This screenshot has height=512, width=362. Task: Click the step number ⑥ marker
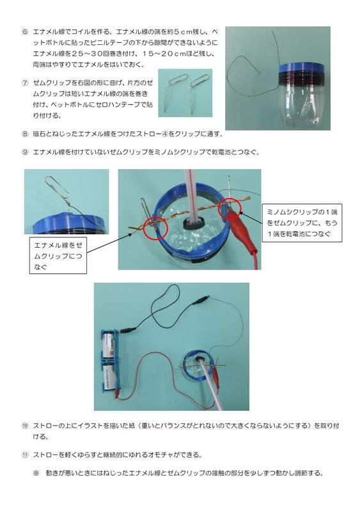point(24,31)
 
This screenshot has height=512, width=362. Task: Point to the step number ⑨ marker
point(24,152)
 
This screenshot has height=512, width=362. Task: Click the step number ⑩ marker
point(24,425)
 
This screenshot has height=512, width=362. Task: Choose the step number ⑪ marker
point(24,455)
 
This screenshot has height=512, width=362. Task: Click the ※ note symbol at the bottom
point(36,474)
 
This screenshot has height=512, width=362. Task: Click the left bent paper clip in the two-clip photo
point(175,88)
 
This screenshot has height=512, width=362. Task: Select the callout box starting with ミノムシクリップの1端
point(304,221)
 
